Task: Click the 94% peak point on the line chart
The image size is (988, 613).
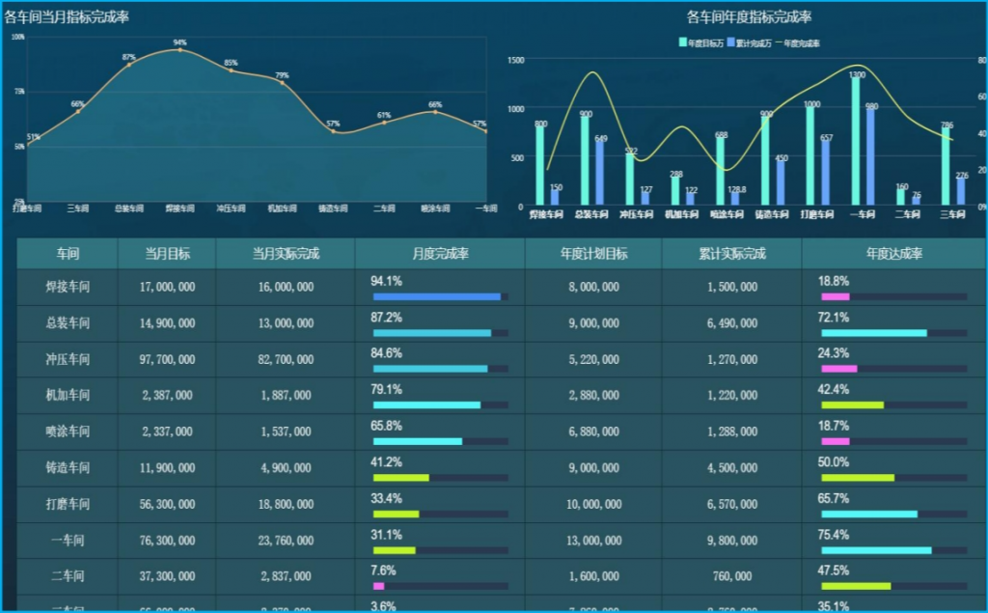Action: (179, 50)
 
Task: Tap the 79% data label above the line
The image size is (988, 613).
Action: (282, 75)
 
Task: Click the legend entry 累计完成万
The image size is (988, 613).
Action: (750, 43)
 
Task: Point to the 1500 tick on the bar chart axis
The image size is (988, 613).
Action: (516, 60)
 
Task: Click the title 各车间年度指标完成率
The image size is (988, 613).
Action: (749, 17)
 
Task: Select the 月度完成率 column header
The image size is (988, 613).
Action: (440, 254)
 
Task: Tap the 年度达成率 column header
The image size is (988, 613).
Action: (894, 254)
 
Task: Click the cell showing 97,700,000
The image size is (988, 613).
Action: (168, 359)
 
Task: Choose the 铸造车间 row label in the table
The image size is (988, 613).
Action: (68, 468)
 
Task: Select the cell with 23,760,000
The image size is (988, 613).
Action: (286, 541)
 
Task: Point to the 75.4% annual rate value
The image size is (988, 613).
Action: (834, 535)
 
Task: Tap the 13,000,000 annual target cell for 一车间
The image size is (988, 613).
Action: (593, 541)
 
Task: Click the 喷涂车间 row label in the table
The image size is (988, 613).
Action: (68, 432)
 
